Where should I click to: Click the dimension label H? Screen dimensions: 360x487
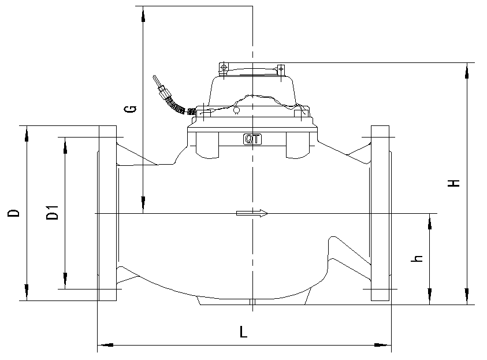(455, 183)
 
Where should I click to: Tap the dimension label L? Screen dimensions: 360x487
(243, 332)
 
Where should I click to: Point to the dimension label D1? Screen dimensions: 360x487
(53, 212)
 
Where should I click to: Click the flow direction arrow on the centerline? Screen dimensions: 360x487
(252, 213)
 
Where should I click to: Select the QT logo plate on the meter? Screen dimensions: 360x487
(252, 139)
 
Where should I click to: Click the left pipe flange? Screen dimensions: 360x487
(107, 213)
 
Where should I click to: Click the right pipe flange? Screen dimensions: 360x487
(380, 213)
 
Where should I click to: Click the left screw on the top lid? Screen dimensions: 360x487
(224, 69)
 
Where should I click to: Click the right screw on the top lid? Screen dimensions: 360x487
(281, 69)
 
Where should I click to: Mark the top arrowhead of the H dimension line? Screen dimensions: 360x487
(466, 69)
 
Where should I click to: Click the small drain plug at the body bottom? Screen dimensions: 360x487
(252, 302)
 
